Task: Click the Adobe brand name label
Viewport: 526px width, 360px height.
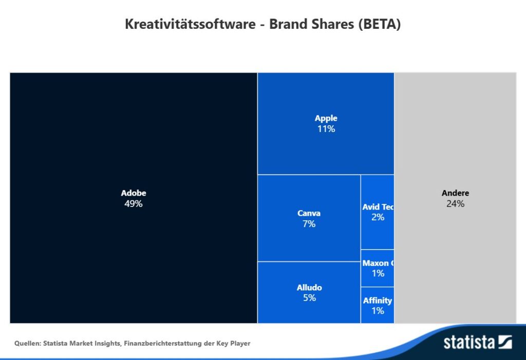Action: click(134, 193)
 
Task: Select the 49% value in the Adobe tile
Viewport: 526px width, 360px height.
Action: click(134, 204)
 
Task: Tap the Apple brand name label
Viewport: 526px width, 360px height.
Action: click(326, 118)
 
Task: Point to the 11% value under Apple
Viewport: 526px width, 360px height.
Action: click(326, 129)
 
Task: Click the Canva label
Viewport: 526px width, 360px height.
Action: click(309, 213)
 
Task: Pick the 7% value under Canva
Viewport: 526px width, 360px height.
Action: click(309, 224)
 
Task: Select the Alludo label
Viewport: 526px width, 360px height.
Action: click(309, 288)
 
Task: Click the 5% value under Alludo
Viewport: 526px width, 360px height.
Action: click(309, 298)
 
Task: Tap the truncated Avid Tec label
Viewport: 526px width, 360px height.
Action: click(378, 207)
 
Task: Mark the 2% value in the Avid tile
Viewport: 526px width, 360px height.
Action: click(378, 217)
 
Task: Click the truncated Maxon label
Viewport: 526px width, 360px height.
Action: click(378, 263)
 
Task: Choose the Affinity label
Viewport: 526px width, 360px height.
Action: click(378, 300)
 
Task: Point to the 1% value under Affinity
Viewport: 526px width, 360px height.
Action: click(378, 311)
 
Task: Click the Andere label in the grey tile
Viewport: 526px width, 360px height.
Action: click(455, 193)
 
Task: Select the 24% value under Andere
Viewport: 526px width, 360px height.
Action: click(455, 204)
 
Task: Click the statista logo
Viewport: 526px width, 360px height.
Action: click(478, 343)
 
